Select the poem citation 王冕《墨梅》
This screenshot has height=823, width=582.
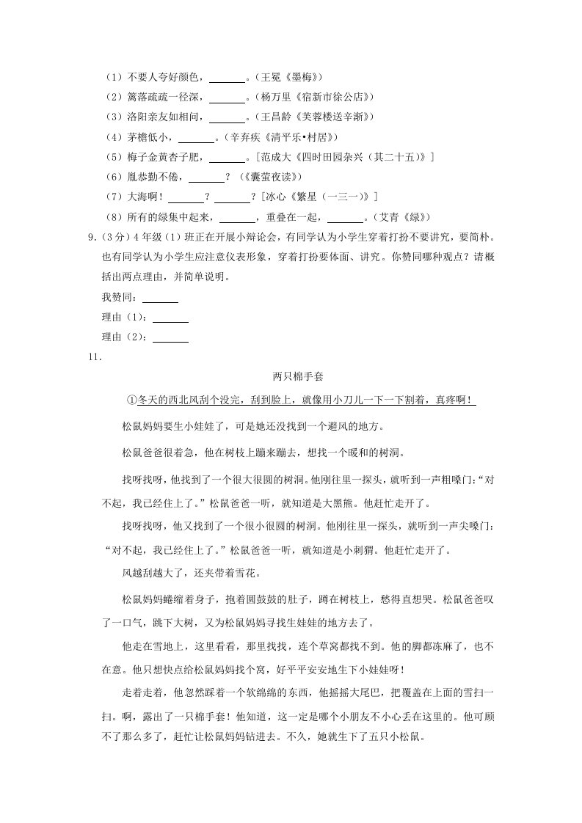click(289, 77)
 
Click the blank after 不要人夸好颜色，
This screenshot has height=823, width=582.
click(228, 77)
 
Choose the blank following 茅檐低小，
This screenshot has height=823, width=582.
click(197, 137)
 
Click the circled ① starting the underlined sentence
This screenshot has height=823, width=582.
click(132, 400)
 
